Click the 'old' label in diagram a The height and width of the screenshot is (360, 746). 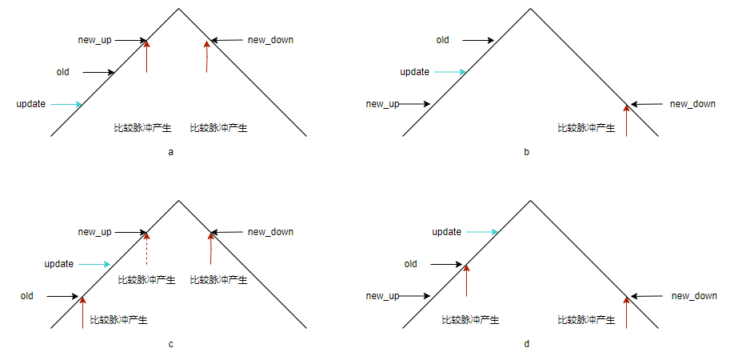63,72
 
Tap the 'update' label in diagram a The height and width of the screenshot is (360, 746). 31,104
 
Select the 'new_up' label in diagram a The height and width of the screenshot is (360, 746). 94,40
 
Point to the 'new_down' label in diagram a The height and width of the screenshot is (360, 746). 271,40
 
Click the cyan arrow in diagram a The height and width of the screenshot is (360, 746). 66,104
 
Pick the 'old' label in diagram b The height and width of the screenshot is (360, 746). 442,40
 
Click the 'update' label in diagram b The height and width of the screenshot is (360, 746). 414,72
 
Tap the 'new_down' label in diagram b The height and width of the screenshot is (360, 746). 692,104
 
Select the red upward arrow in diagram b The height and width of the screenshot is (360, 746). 626,121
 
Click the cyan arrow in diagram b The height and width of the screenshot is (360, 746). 449,72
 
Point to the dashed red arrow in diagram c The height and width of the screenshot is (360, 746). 146,248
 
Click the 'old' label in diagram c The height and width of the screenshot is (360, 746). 27,296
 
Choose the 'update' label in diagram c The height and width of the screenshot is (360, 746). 59,264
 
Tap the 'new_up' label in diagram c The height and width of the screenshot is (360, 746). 94,232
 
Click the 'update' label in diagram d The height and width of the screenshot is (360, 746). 447,232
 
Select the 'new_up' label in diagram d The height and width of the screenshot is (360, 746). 382,296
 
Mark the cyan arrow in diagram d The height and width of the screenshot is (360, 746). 482,232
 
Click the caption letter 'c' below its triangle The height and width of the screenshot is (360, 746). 171,344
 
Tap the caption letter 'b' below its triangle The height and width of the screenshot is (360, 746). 526,152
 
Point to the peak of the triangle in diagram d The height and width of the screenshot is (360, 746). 530,201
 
